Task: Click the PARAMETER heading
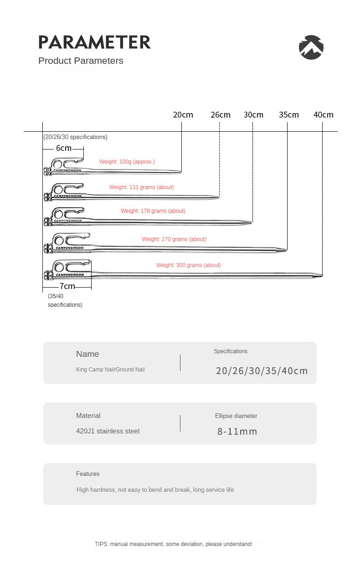pyautogui.click(x=94, y=42)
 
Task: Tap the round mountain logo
pyautogui.click(x=311, y=47)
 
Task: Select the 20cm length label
pyautogui.click(x=183, y=115)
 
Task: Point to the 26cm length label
pyautogui.click(x=221, y=115)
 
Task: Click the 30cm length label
pyautogui.click(x=253, y=115)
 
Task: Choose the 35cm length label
pyautogui.click(x=289, y=115)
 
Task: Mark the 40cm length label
pyautogui.click(x=324, y=115)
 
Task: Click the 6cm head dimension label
pyautogui.click(x=64, y=148)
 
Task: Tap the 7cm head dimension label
pyautogui.click(x=67, y=286)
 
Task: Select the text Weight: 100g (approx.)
pyautogui.click(x=127, y=162)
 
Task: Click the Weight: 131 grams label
pyautogui.click(x=142, y=187)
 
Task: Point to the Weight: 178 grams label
pyautogui.click(x=153, y=211)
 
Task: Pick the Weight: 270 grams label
pyautogui.click(x=174, y=239)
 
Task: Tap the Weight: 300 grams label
pyautogui.click(x=189, y=265)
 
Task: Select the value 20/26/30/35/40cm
pyautogui.click(x=262, y=371)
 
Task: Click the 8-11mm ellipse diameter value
pyautogui.click(x=237, y=432)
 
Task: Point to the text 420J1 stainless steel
pyautogui.click(x=108, y=431)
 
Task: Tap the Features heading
pyautogui.click(x=87, y=474)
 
